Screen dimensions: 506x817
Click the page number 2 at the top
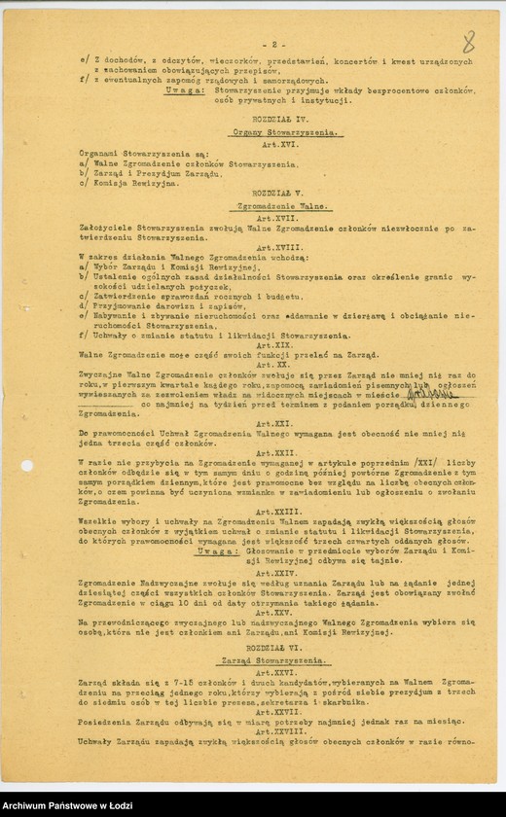[x=275, y=45]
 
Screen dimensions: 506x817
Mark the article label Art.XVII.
[x=277, y=218]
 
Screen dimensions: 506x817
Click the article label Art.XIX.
[x=277, y=345]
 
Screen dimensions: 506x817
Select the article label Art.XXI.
[x=277, y=423]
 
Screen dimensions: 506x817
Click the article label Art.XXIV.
[x=277, y=573]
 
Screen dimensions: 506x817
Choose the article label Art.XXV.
[x=277, y=613]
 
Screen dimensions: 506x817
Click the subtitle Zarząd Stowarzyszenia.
[x=277, y=661]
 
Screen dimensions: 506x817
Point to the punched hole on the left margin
[x=26, y=465]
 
